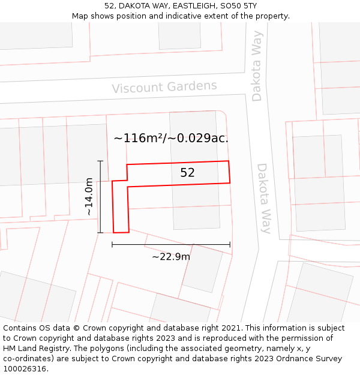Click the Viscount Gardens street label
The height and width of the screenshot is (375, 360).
click(x=164, y=87)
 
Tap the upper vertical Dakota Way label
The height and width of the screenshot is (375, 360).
click(x=257, y=74)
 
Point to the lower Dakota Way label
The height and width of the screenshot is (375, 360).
click(x=265, y=198)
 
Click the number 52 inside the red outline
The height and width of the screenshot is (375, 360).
click(x=187, y=173)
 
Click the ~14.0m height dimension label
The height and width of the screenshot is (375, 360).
click(x=89, y=196)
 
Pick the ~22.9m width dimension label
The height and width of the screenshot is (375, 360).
click(x=171, y=257)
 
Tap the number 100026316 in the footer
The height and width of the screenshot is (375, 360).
click(x=26, y=368)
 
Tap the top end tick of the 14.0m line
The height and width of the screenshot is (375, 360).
click(x=100, y=161)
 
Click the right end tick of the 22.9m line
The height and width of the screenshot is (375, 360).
click(x=230, y=244)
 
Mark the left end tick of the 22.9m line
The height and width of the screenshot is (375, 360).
click(x=112, y=244)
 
